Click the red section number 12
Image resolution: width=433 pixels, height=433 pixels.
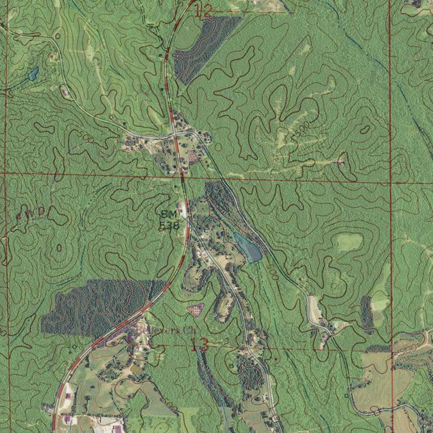[x=203, y=11]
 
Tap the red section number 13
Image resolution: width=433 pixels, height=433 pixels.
[x=199, y=345]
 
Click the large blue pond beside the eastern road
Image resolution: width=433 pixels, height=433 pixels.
[x=249, y=247]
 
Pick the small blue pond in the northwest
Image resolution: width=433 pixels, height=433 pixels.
[x=33, y=74]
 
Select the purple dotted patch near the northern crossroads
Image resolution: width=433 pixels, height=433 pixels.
[x=193, y=156]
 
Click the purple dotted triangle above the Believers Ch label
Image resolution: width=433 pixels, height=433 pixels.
[x=196, y=309]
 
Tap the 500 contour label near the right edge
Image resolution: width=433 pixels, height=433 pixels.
[x=407, y=348]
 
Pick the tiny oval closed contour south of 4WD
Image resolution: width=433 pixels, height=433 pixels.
[x=59, y=247]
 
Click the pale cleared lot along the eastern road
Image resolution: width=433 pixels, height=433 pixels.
[x=314, y=309]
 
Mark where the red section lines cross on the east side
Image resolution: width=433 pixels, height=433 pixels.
[x=390, y=182]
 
